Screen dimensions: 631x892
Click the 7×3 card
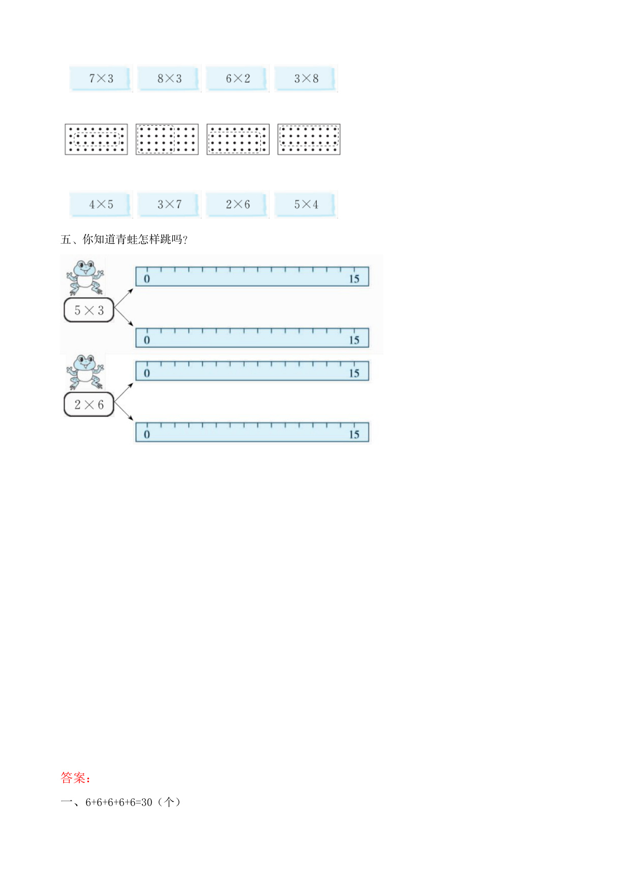(101, 78)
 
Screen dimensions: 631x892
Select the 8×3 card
(169, 78)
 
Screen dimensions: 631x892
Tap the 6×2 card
(237, 78)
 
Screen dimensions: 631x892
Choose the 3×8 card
(306, 78)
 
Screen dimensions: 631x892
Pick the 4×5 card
(101, 204)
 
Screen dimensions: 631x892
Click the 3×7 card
(169, 204)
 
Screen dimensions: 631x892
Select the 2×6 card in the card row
(237, 204)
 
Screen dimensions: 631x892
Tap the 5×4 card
(306, 204)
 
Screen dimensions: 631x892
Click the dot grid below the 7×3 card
(96, 139)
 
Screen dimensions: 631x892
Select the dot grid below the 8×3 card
(167, 139)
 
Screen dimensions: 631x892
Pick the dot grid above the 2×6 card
(238, 139)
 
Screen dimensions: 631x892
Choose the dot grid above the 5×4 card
(309, 139)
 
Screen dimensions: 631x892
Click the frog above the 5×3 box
(85, 278)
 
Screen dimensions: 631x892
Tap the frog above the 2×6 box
(85, 372)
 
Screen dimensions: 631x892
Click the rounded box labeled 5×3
(89, 310)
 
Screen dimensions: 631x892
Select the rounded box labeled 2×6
(89, 405)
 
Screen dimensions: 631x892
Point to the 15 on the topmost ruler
(354, 279)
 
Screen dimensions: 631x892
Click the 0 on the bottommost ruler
(147, 434)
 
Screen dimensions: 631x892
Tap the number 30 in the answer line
(146, 802)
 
